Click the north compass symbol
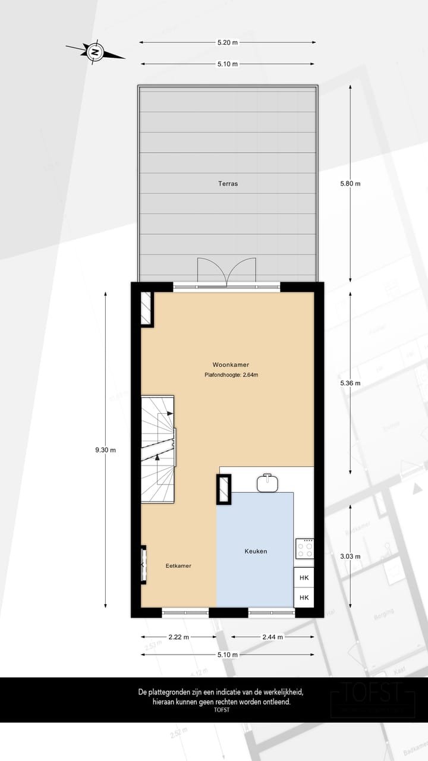pos(95,52)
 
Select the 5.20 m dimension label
pos(227,42)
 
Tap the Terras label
pos(228,184)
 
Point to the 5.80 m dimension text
pos(350,184)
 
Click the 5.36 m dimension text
pos(350,383)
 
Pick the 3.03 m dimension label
pos(350,556)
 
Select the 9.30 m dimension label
pos(105,450)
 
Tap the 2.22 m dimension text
pos(178,637)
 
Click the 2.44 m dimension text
pos(272,637)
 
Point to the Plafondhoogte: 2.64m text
pos(231,375)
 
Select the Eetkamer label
pos(178,566)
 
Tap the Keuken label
pos(256,551)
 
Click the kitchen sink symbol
pos(269,483)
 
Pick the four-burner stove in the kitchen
pos(304,548)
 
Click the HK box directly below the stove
pos(304,577)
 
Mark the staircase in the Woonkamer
pos(158,449)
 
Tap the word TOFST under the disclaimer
pos(221,709)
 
